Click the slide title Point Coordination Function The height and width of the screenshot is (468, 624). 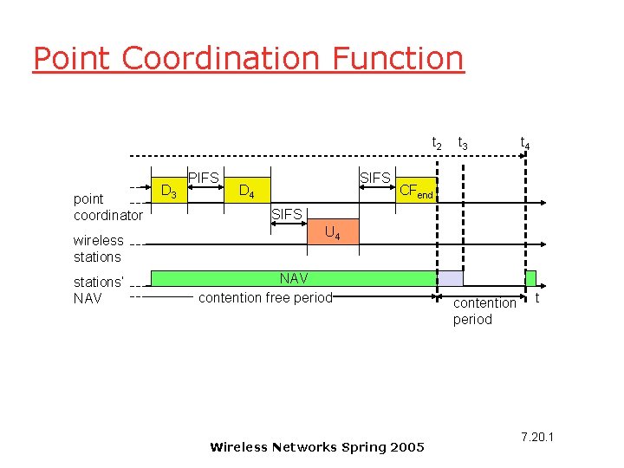[x=248, y=58]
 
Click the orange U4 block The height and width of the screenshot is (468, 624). [x=331, y=232]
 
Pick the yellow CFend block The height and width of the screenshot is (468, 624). [x=416, y=191]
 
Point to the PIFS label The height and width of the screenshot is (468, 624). [x=204, y=178]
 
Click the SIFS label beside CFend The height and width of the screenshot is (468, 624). [x=374, y=178]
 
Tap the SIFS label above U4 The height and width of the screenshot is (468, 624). [x=287, y=214]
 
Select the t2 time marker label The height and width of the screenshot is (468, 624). [x=437, y=143]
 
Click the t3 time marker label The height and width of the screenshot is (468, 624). [x=463, y=143]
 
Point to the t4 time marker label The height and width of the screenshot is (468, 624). [x=525, y=143]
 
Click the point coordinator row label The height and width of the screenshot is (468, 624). [x=107, y=207]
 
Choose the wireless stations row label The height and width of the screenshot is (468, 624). [x=98, y=249]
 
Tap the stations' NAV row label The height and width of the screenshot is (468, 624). [x=99, y=290]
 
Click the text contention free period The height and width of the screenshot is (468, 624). [x=265, y=298]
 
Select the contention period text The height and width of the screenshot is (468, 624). [x=484, y=311]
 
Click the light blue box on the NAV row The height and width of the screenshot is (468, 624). [x=450, y=278]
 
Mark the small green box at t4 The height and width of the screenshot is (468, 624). [x=530, y=278]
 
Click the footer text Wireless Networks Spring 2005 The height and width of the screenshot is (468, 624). [x=317, y=447]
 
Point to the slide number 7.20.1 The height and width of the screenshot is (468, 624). [x=537, y=436]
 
